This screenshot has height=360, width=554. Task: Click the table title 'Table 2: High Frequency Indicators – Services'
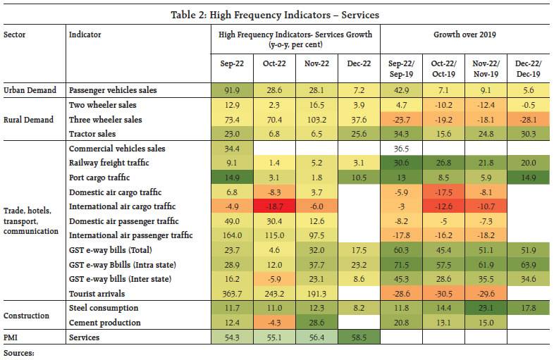click(x=277, y=14)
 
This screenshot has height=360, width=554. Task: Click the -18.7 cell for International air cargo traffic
click(x=275, y=207)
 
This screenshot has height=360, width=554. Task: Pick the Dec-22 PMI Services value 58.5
click(x=359, y=338)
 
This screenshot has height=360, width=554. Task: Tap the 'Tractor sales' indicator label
click(x=94, y=134)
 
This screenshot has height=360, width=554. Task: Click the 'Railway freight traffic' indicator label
click(x=109, y=163)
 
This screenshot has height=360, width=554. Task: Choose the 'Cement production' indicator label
click(x=104, y=323)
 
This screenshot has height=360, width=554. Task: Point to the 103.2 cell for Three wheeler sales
click(x=316, y=120)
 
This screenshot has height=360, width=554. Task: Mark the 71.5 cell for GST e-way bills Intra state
click(x=402, y=265)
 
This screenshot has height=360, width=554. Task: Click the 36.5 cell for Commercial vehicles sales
click(x=402, y=149)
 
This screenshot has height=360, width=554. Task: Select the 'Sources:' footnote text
click(x=20, y=352)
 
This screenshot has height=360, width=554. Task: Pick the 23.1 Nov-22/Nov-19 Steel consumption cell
click(x=488, y=308)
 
